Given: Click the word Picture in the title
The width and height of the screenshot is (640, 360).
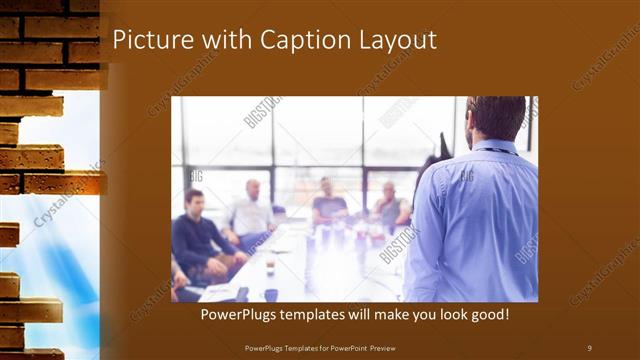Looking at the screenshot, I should click(148, 40).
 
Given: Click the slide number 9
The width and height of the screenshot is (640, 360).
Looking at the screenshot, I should click(589, 347).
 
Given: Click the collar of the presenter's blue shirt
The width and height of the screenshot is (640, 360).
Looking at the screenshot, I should click(495, 148).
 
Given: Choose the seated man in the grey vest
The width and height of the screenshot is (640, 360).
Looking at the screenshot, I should click(389, 209).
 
